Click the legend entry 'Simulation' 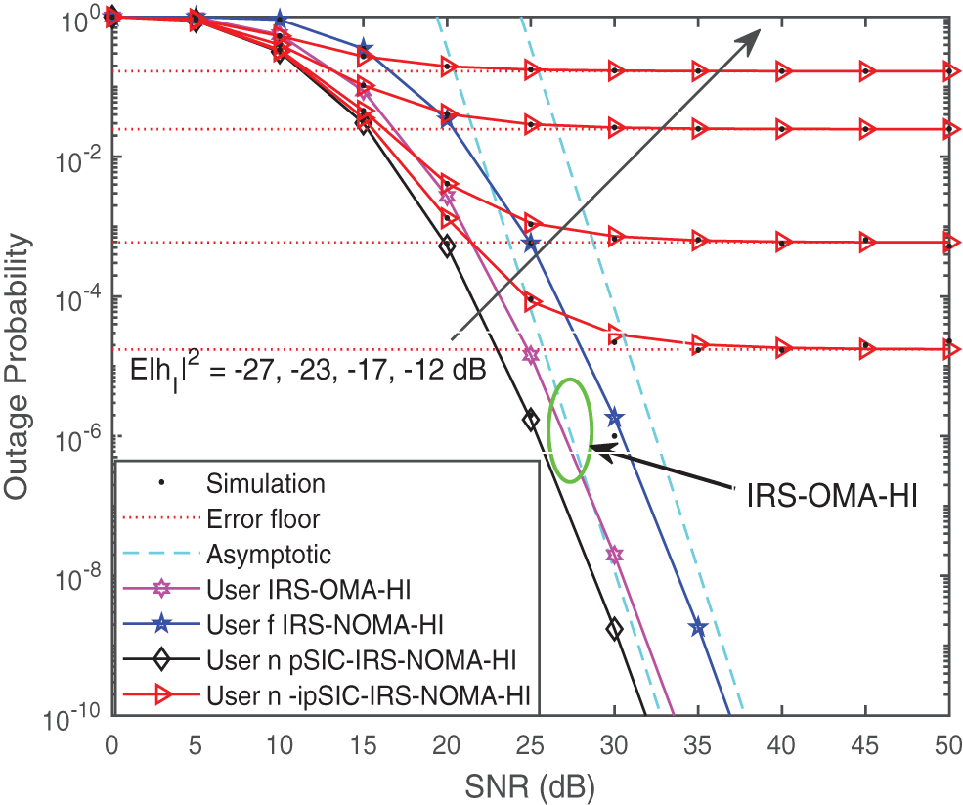click(x=266, y=482)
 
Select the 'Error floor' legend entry click(x=263, y=518)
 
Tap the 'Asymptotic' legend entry click(x=269, y=554)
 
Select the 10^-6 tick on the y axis click(x=77, y=437)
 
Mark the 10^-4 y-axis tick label click(x=77, y=297)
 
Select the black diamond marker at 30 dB click(x=614, y=630)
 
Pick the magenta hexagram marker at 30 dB click(x=614, y=555)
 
